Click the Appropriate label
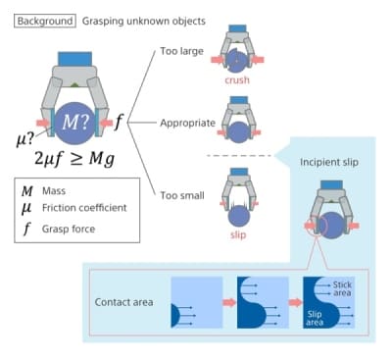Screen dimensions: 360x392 [x=187, y=123]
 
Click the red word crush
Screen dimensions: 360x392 [x=237, y=81]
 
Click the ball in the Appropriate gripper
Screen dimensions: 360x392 [x=238, y=129]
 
